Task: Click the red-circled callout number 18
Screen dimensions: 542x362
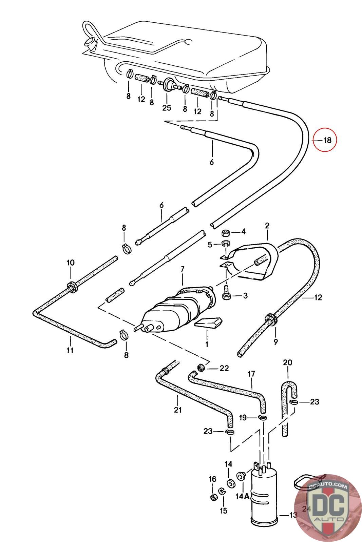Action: pos(327,140)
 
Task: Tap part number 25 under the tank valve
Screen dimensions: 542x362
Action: pos(167,108)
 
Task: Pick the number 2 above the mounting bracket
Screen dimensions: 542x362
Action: pos(267,226)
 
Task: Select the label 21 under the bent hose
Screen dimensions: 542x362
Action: pos(178,410)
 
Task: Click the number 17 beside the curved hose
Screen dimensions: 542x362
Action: pos(251,375)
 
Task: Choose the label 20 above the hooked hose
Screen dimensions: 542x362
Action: pos(287,363)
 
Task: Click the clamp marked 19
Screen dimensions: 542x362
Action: pos(262,417)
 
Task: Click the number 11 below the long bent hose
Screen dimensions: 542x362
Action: pos(70,350)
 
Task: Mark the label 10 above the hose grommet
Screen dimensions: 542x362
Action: pos(71,263)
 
